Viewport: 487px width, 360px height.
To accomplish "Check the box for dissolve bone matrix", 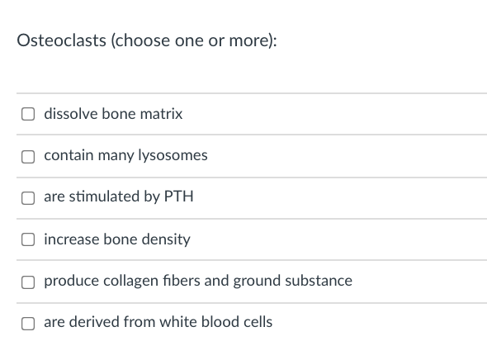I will [x=28, y=114].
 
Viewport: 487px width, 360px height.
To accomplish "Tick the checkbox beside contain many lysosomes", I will [x=28, y=156].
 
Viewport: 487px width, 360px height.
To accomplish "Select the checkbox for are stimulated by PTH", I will [x=28, y=197].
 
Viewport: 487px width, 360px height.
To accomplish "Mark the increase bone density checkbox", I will [x=28, y=239].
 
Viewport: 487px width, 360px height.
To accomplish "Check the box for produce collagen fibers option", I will [x=28, y=282].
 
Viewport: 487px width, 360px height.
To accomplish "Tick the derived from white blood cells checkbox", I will [x=28, y=323].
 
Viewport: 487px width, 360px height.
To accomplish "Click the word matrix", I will [x=162, y=114].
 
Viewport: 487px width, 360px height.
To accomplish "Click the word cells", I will [x=256, y=322].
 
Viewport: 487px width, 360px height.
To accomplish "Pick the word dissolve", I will [x=70, y=114].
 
